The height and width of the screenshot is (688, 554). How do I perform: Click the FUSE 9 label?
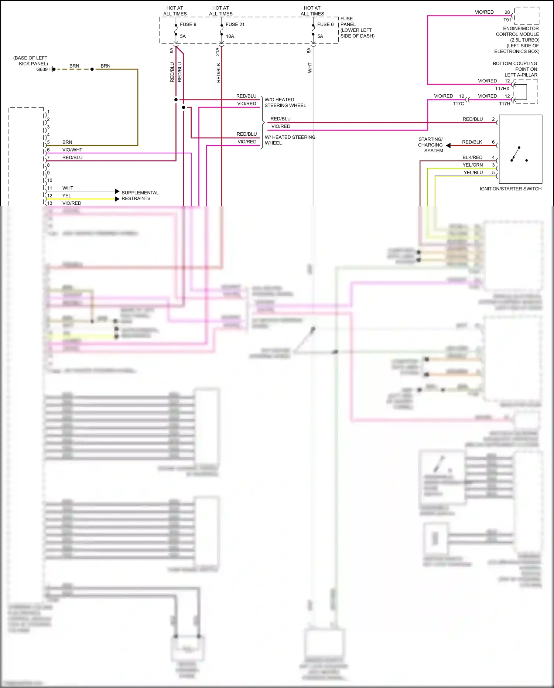(188, 24)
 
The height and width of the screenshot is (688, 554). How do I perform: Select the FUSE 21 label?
(235, 24)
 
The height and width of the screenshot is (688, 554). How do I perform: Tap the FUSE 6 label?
(325, 24)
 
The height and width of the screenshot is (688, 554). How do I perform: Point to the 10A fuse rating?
(230, 36)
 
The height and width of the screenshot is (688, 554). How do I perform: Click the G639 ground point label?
(42, 69)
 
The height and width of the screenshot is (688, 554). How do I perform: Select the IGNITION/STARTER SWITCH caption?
(510, 189)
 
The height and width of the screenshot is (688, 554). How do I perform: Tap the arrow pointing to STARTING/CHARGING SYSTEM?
(448, 145)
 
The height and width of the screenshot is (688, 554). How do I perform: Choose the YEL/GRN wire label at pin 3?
(473, 165)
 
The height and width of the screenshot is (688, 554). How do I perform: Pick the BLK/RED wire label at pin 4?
(472, 157)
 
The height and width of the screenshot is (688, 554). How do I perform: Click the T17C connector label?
(458, 104)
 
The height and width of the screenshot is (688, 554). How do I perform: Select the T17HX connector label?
(502, 88)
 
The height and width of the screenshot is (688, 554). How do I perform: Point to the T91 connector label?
(507, 20)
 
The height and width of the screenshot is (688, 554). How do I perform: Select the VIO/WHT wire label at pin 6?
(72, 150)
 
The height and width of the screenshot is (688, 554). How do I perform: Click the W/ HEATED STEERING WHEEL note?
(290, 140)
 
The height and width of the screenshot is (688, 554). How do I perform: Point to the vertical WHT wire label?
(310, 68)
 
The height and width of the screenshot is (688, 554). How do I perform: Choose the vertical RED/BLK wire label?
(218, 72)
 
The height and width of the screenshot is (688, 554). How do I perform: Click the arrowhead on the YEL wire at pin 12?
(117, 199)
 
